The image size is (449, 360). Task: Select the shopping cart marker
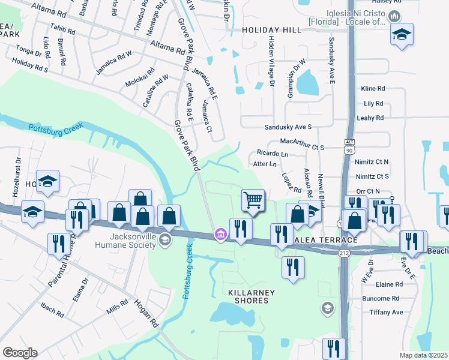pos(253,200)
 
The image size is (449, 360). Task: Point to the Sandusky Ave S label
pos(288,127)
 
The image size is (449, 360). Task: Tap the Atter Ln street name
pos(265,164)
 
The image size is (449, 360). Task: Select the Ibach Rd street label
pos(52,311)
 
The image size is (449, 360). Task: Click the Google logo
pos(20,352)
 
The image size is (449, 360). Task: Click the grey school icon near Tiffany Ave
pos(327,308)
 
